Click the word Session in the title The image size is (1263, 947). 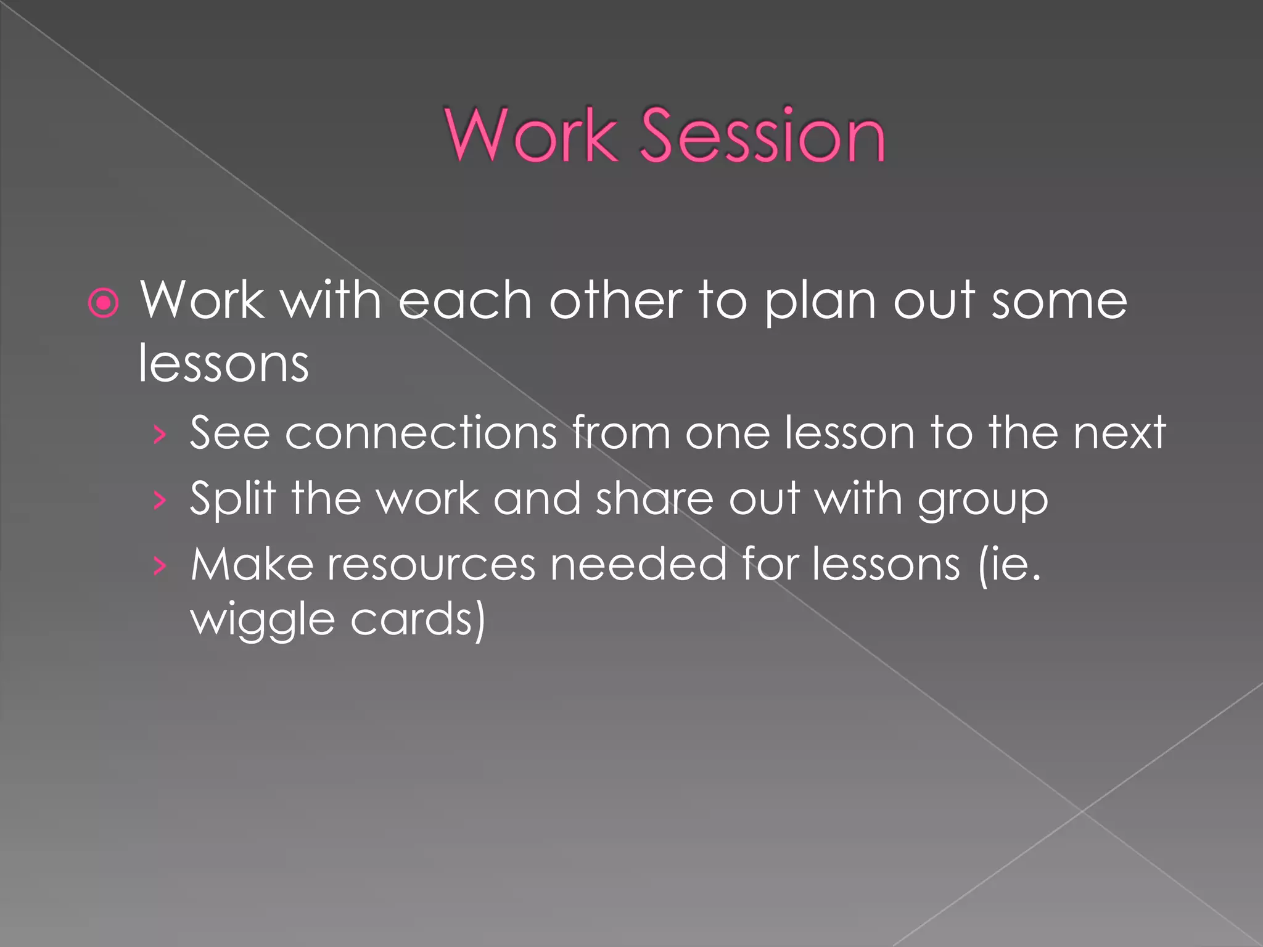(x=763, y=136)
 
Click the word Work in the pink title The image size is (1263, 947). (x=531, y=136)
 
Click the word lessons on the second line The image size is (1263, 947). (x=223, y=364)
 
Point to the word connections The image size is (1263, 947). (x=421, y=433)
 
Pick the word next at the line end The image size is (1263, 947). (x=1119, y=433)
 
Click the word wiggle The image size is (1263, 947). (x=262, y=620)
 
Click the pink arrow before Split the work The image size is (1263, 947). (x=160, y=501)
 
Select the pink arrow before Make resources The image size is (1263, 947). (x=160, y=566)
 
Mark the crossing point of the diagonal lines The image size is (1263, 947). (x=1082, y=811)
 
